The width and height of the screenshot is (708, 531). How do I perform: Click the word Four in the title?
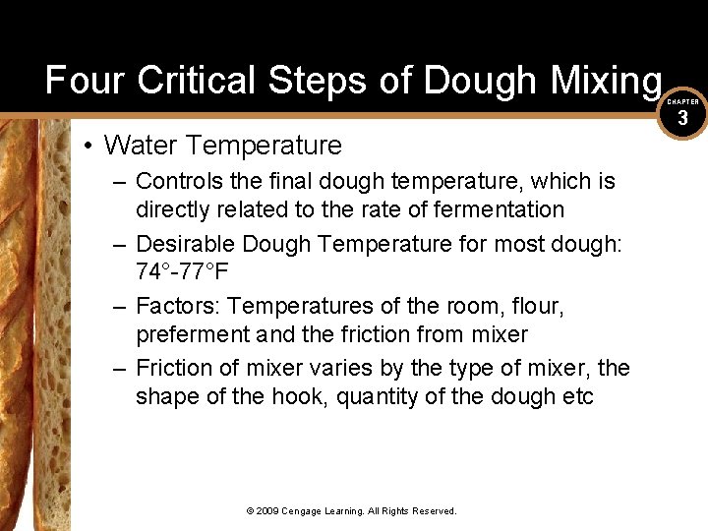coord(86,80)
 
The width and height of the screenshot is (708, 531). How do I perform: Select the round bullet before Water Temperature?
coord(88,147)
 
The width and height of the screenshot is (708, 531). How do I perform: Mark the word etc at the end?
coord(579,397)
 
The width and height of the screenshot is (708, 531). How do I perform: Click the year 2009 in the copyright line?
coord(267,511)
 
